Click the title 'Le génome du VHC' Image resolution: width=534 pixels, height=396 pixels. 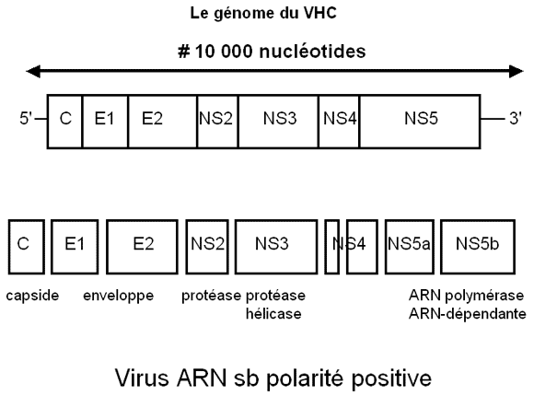[x=263, y=14]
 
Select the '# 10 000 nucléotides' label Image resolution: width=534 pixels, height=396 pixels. [x=272, y=52]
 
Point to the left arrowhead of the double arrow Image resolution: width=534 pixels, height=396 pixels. [x=33, y=71]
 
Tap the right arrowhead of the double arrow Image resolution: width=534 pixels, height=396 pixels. [x=517, y=71]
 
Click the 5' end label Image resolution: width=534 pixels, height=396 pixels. [x=26, y=119]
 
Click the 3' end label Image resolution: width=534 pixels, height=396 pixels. [x=516, y=119]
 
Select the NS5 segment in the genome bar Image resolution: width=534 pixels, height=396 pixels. [x=420, y=122]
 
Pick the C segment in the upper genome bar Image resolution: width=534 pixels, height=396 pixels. [x=64, y=122]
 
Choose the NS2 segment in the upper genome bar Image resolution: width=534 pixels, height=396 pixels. [x=217, y=122]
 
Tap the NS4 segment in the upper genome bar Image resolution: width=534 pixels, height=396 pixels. [x=339, y=122]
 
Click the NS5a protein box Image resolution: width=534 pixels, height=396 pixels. [x=410, y=247]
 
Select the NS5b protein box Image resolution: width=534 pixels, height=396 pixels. [x=478, y=247]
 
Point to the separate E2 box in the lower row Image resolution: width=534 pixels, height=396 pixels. [x=142, y=247]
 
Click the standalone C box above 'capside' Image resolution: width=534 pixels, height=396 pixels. [x=27, y=247]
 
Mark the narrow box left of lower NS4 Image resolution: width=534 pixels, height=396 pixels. [x=332, y=247]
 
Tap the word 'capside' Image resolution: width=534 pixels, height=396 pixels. [x=32, y=296]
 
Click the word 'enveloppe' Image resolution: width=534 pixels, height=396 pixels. [x=119, y=296]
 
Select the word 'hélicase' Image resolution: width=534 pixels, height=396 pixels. [x=273, y=314]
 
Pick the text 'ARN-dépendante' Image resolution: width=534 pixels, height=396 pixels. [x=468, y=314]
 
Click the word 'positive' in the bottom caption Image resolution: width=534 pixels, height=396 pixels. [x=391, y=379]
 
